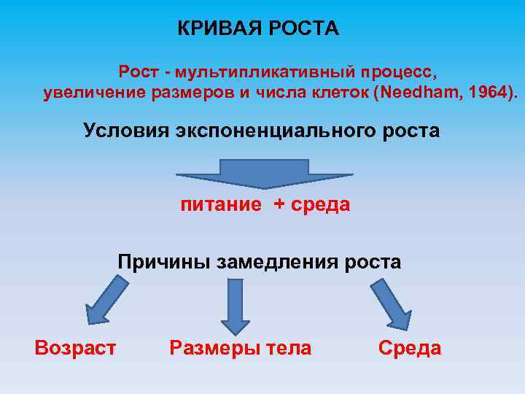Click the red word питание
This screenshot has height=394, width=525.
click(x=221, y=204)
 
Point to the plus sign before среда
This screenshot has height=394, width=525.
click(x=280, y=204)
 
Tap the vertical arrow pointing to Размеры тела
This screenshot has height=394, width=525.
click(x=234, y=306)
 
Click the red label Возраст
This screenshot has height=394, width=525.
click(x=75, y=348)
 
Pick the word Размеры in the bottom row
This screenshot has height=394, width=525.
click(x=209, y=348)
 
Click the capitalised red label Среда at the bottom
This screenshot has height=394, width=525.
click(x=410, y=348)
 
